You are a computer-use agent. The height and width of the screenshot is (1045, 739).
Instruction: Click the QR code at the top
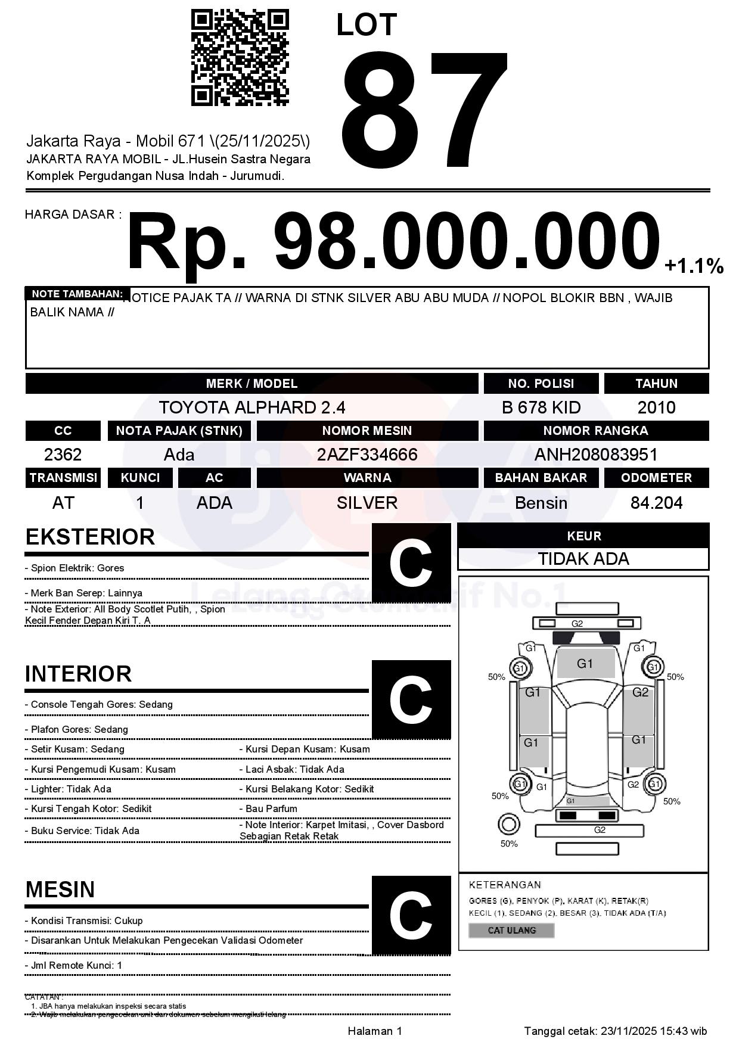click(240, 58)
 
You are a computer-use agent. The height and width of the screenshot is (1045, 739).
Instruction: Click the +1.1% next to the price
click(694, 266)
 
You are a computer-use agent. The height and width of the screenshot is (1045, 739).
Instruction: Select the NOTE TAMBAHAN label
click(77, 294)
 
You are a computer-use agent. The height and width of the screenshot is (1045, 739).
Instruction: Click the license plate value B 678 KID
click(541, 408)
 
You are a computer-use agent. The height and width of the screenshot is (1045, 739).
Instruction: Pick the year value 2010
click(656, 408)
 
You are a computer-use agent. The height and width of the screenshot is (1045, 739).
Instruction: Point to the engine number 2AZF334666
click(367, 455)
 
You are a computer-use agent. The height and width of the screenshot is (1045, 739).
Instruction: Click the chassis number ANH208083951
click(595, 455)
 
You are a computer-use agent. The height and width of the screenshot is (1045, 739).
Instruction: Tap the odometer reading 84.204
click(656, 503)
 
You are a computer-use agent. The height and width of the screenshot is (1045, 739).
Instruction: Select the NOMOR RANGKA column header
click(595, 431)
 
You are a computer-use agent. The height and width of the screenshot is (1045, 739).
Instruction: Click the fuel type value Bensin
click(541, 503)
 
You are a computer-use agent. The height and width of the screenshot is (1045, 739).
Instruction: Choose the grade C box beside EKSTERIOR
click(411, 563)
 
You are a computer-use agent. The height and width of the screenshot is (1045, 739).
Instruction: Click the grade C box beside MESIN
click(411, 915)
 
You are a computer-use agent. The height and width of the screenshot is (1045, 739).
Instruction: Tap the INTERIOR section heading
click(78, 674)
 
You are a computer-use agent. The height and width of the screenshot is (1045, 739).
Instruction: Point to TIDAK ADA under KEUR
click(583, 559)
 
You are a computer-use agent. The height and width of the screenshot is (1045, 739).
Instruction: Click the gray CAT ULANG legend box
click(511, 930)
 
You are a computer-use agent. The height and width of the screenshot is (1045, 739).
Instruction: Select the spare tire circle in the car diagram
click(508, 825)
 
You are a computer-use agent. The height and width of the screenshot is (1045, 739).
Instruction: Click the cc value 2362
click(63, 455)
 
